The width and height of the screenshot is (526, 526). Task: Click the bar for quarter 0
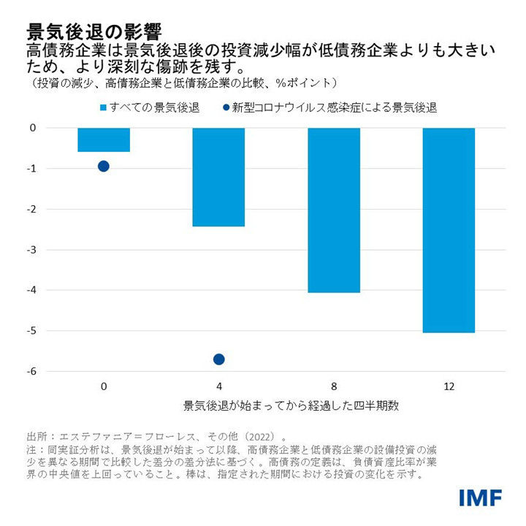[104, 140]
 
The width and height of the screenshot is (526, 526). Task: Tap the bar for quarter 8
[334, 210]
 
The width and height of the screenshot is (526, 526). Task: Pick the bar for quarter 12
[449, 230]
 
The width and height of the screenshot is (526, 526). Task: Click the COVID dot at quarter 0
[104, 166]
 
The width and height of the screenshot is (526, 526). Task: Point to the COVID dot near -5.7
[218, 359]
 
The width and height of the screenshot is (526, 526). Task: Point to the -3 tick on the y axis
[31, 250]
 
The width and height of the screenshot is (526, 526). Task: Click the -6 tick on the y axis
[31, 371]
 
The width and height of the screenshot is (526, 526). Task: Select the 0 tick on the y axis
[33, 128]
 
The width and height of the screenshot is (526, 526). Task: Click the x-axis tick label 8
[334, 385]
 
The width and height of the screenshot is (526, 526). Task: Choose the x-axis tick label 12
[449, 385]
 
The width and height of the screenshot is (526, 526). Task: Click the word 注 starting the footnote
[31, 449]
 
